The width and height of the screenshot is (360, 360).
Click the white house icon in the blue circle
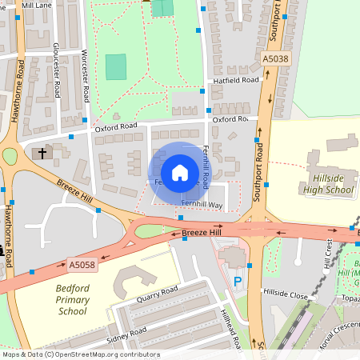179,172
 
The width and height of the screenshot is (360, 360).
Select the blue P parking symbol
237,282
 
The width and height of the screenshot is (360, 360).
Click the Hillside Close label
286,294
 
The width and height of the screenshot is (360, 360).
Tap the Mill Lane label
36,5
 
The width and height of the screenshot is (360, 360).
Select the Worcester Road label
85,69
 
